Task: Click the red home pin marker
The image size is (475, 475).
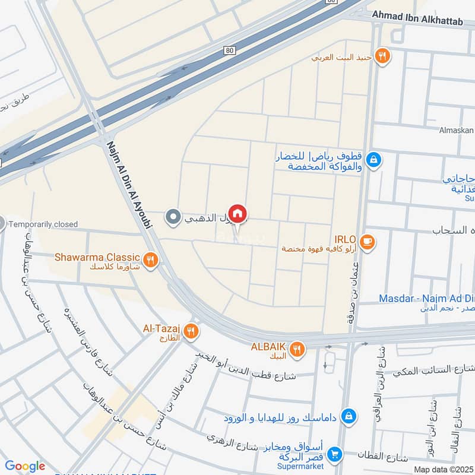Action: (237, 213)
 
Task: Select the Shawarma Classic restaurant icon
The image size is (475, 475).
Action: (151, 259)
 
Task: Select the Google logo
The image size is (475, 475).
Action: (25, 466)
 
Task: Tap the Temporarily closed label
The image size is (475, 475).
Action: (43, 224)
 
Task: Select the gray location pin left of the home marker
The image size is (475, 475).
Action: (173, 217)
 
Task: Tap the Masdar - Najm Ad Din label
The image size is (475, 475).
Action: (426, 298)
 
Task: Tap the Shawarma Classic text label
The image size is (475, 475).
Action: (97, 257)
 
